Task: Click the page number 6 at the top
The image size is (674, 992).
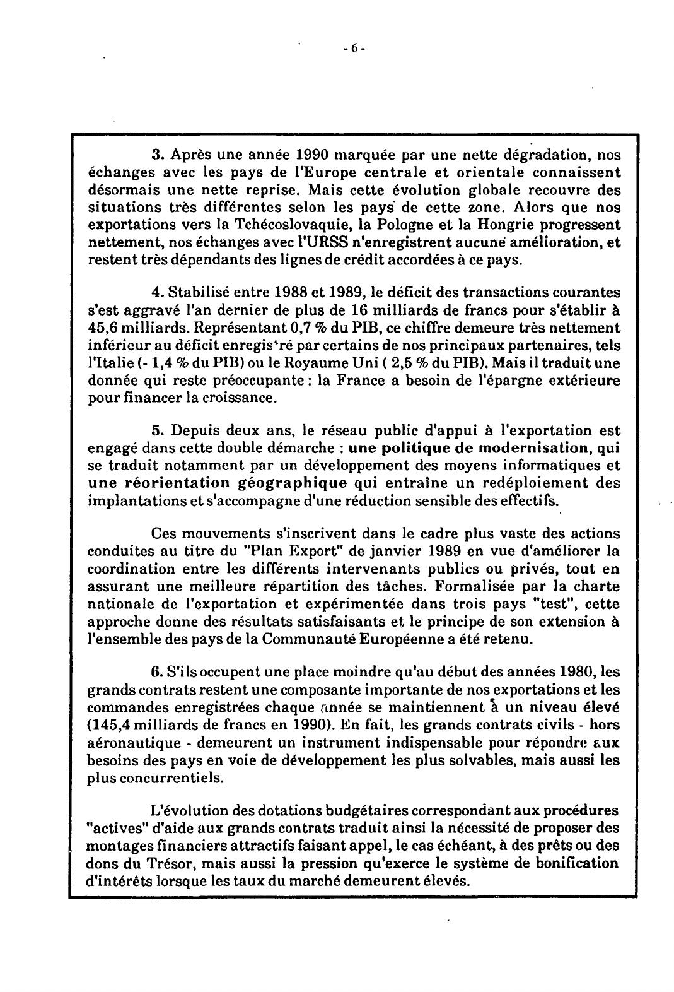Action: [x=354, y=49]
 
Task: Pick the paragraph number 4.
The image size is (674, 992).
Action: [x=155, y=293]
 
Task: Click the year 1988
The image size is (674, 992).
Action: [x=294, y=293]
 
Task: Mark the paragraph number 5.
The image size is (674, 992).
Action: [x=155, y=431]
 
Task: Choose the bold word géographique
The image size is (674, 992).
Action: [x=293, y=483]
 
